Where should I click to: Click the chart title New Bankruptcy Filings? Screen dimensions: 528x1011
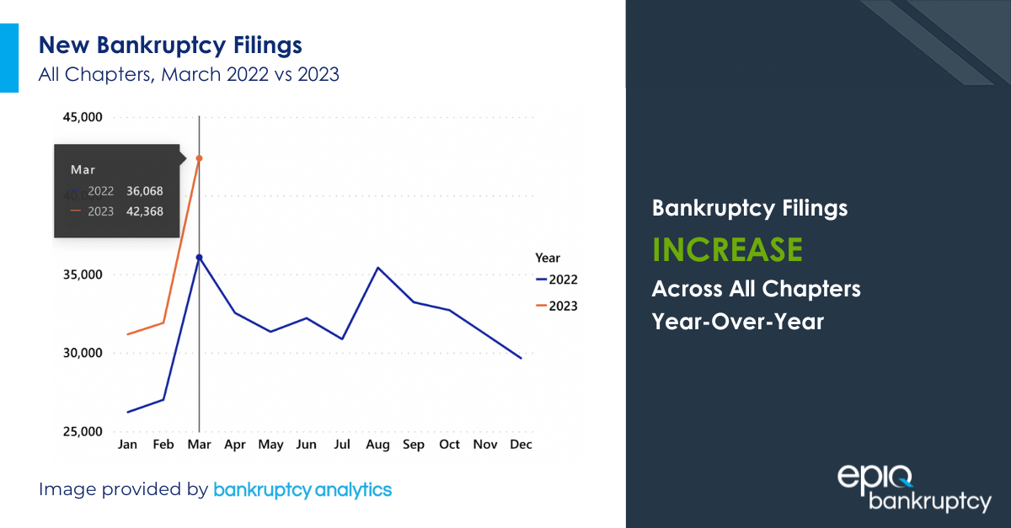[169, 45]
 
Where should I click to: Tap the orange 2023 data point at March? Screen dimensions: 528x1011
[199, 158]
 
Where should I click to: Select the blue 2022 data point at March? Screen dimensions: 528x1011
[199, 257]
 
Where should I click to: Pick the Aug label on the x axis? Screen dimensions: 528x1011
[378, 445]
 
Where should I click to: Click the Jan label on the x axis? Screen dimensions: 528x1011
[127, 445]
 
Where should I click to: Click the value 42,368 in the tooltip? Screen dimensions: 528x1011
[145, 211]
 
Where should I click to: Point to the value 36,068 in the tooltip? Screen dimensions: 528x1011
[145, 191]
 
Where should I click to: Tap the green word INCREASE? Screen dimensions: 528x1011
[727, 249]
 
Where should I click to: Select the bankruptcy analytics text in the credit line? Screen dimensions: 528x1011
[302, 489]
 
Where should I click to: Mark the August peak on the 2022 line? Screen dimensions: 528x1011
[378, 268]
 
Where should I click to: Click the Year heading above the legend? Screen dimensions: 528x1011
[548, 258]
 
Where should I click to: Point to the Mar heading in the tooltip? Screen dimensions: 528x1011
[83, 169]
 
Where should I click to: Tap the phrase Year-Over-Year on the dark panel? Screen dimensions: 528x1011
[738, 321]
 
